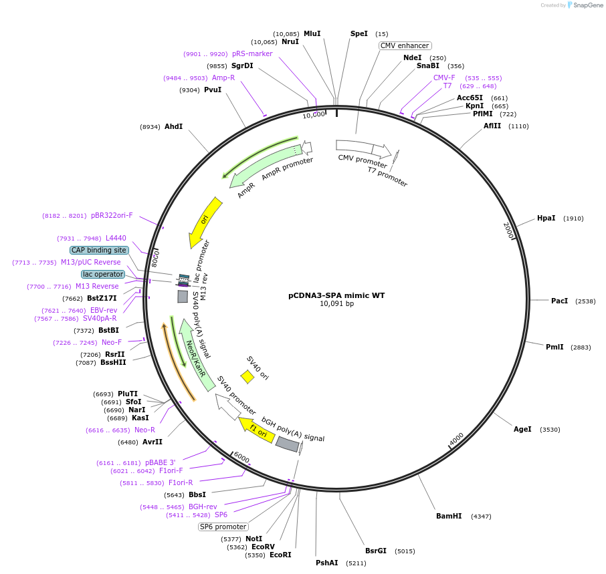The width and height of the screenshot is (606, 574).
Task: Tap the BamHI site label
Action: (449, 516)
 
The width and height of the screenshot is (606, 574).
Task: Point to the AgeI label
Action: (522, 429)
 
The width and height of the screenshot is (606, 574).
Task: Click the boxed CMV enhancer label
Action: (405, 45)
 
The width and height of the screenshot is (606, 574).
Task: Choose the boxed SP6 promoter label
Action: (223, 527)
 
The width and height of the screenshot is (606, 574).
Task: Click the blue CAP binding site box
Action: (99, 250)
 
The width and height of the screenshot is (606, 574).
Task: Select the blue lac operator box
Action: (103, 274)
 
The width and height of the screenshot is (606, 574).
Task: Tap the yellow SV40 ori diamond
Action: (247, 377)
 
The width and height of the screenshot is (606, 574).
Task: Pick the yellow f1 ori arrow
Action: (257, 430)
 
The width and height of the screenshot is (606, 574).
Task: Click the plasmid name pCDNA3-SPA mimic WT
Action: (336, 295)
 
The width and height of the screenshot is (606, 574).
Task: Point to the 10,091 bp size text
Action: (336, 303)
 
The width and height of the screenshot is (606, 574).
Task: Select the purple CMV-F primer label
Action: (444, 78)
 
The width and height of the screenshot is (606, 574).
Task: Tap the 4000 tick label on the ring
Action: (457, 439)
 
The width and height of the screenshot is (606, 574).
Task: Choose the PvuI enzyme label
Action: (213, 90)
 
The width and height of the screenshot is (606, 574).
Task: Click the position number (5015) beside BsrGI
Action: (405, 551)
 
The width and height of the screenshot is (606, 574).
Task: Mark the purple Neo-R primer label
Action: (144, 430)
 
